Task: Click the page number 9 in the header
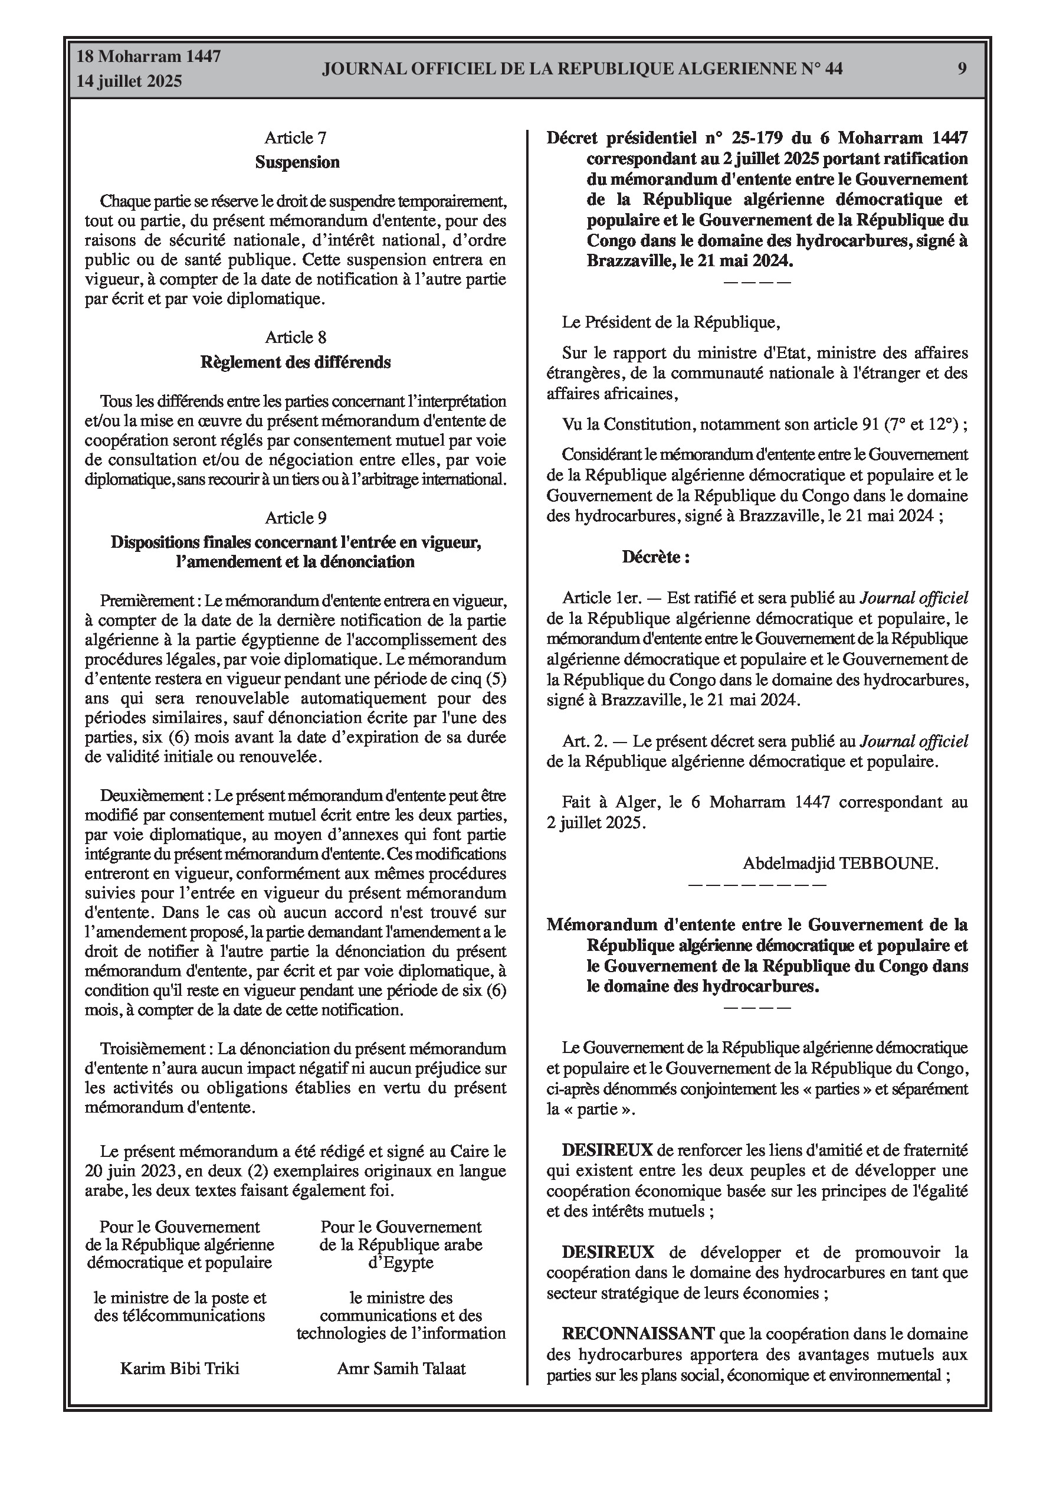point(962,68)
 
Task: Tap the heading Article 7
point(296,138)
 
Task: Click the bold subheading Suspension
point(297,162)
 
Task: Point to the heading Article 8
point(296,337)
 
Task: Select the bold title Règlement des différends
point(296,362)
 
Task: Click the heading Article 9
point(296,518)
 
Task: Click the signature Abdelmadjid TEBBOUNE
point(840,863)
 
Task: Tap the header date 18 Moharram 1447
point(149,57)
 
